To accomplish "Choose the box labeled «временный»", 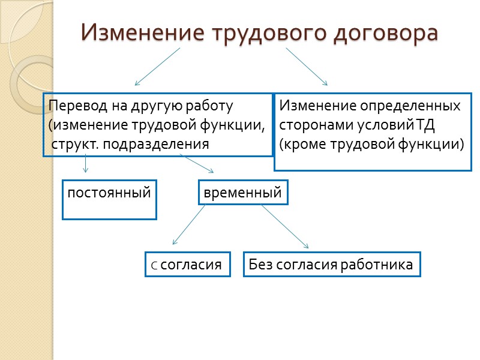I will [243, 193].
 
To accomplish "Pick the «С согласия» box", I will [188, 265].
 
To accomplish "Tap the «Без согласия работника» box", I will [331, 265].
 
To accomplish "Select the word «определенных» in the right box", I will [410, 106].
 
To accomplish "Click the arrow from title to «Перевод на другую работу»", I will [157, 67].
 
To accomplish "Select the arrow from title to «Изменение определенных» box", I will [307, 67].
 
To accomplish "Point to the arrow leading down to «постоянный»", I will [86, 164].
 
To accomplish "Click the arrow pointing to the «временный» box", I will [197, 164].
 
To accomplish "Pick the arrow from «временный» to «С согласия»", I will [188, 224].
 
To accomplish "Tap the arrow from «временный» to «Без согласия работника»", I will [284, 226].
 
